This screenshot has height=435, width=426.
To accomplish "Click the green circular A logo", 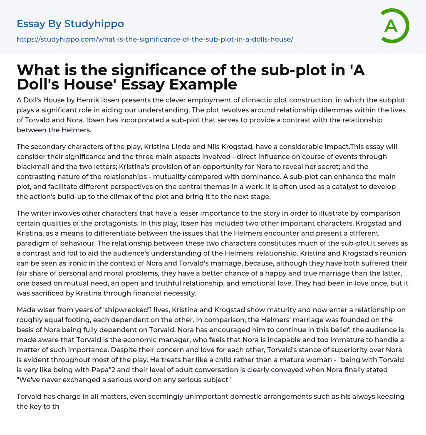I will [394, 26].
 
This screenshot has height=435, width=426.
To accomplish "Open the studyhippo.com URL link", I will [155, 39].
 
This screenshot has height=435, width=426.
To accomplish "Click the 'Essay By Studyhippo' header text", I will [70, 24].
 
